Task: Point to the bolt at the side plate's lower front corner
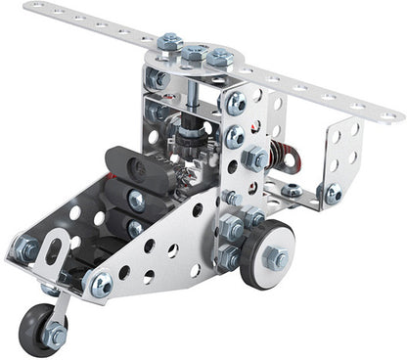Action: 101,285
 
